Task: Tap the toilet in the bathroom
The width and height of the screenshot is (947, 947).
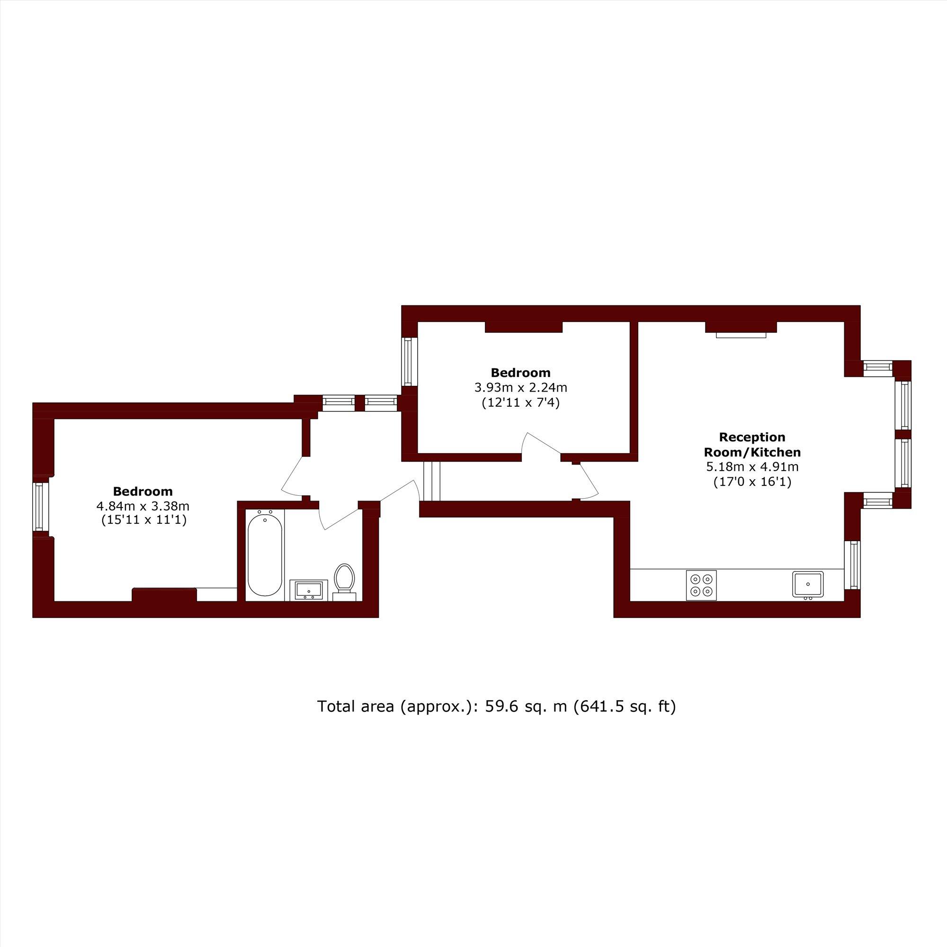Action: [x=344, y=579]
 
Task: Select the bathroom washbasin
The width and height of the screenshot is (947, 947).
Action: [x=306, y=590]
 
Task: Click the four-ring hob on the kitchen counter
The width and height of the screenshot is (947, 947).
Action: [x=701, y=585]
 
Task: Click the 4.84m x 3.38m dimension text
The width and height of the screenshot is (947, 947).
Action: [x=143, y=505]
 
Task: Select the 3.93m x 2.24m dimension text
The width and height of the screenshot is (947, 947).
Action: [x=520, y=388]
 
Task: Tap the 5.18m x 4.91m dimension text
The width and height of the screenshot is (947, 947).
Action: [x=752, y=467]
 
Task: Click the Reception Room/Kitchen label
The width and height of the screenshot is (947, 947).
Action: [x=752, y=444]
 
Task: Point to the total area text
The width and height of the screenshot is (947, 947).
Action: [x=497, y=706]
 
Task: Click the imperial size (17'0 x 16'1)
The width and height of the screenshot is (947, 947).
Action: [x=752, y=482]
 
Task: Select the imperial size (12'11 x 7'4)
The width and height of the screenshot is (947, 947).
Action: [x=520, y=403]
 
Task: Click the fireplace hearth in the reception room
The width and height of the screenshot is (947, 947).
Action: [x=741, y=335]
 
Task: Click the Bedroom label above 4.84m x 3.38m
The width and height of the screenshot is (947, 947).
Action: [x=143, y=491]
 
